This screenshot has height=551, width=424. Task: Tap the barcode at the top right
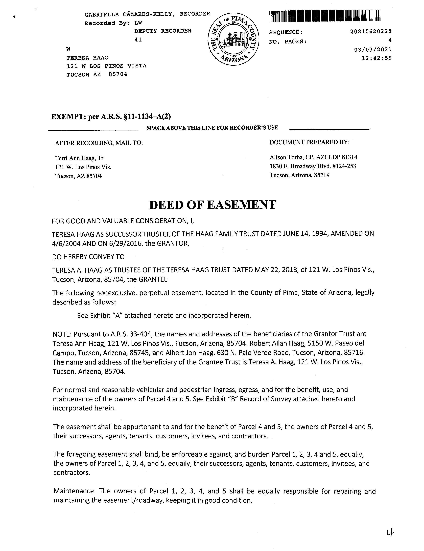(325, 16)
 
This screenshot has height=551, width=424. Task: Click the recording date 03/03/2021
(373, 50)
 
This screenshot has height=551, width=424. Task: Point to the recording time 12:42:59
(377, 58)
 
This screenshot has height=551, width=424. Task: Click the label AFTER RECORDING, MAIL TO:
(99, 143)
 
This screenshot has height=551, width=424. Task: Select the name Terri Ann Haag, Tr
(79, 158)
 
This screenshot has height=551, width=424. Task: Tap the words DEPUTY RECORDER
(163, 31)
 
